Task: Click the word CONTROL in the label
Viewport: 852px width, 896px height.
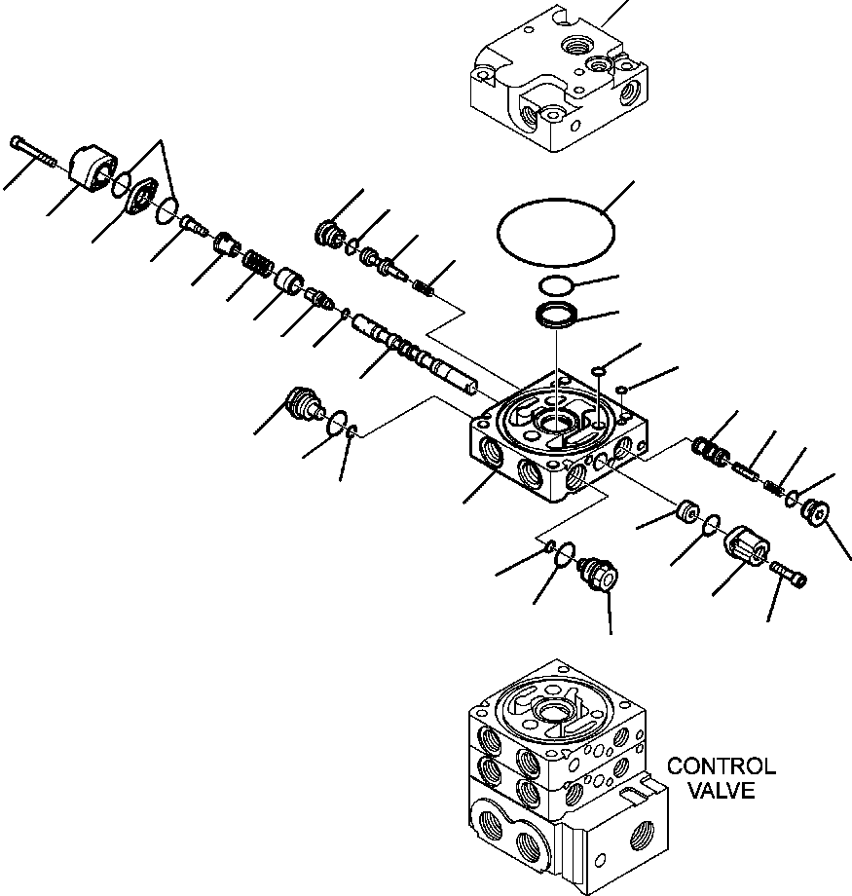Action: point(721,767)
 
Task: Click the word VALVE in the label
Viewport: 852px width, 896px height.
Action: point(721,790)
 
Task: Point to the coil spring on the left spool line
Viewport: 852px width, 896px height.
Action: point(257,263)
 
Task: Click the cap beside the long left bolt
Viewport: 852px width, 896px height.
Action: point(94,168)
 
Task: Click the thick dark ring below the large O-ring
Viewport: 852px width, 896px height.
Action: point(557,316)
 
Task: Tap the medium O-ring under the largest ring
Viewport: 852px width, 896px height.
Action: point(556,285)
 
